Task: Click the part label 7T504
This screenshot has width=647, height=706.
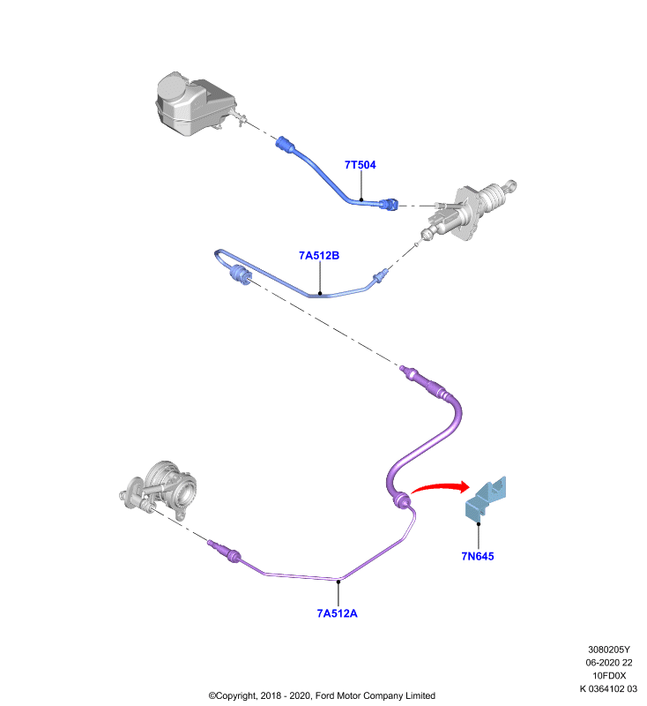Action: point(361,165)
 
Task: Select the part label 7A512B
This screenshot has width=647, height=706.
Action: point(319,255)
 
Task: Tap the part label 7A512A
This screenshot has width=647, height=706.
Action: point(338,613)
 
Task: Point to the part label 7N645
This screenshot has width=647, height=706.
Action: point(478,556)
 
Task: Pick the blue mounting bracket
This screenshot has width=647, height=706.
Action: point(486,499)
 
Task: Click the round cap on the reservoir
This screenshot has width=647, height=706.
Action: point(172,85)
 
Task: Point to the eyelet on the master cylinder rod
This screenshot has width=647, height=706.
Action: point(511,184)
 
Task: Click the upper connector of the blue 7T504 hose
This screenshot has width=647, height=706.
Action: point(285,144)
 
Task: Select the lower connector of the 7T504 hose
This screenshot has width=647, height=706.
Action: point(389,205)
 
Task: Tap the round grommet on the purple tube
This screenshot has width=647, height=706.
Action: point(400,500)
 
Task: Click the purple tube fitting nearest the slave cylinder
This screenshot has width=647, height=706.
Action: point(224,551)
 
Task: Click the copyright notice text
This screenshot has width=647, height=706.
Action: point(322,695)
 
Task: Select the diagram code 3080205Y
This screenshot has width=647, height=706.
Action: point(609,650)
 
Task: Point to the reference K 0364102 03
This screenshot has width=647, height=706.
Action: point(608,688)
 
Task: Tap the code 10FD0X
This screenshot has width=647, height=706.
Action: point(609,675)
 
